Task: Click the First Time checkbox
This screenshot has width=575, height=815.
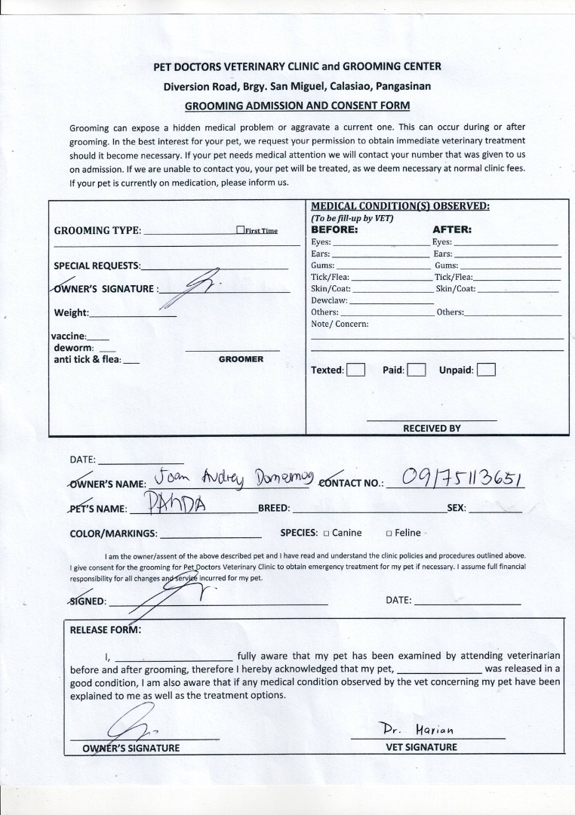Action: pyautogui.click(x=240, y=230)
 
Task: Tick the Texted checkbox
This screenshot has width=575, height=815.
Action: pyautogui.click(x=356, y=370)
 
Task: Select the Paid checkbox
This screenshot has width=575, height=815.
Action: pyautogui.click(x=417, y=370)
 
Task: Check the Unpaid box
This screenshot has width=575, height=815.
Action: pyautogui.click(x=487, y=370)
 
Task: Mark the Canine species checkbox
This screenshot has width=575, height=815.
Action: pyautogui.click(x=326, y=534)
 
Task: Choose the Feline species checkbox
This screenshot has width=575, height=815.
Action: pyautogui.click(x=389, y=534)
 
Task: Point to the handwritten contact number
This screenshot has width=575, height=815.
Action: pyautogui.click(x=463, y=478)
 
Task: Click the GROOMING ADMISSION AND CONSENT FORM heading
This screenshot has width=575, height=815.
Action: pyautogui.click(x=297, y=106)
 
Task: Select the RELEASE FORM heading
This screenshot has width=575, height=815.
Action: pyautogui.click(x=105, y=629)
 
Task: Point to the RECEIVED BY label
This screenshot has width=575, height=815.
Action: pyautogui.click(x=432, y=428)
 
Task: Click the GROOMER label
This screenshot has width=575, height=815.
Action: pyautogui.click(x=241, y=359)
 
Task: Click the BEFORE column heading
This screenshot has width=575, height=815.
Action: pyautogui.click(x=334, y=229)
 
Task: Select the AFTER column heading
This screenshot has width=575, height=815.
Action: pyautogui.click(x=452, y=229)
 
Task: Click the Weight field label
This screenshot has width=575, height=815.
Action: pyautogui.click(x=71, y=312)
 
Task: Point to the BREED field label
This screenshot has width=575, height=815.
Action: pyautogui.click(x=274, y=508)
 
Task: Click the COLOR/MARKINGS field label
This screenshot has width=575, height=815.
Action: pyautogui.click(x=113, y=534)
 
